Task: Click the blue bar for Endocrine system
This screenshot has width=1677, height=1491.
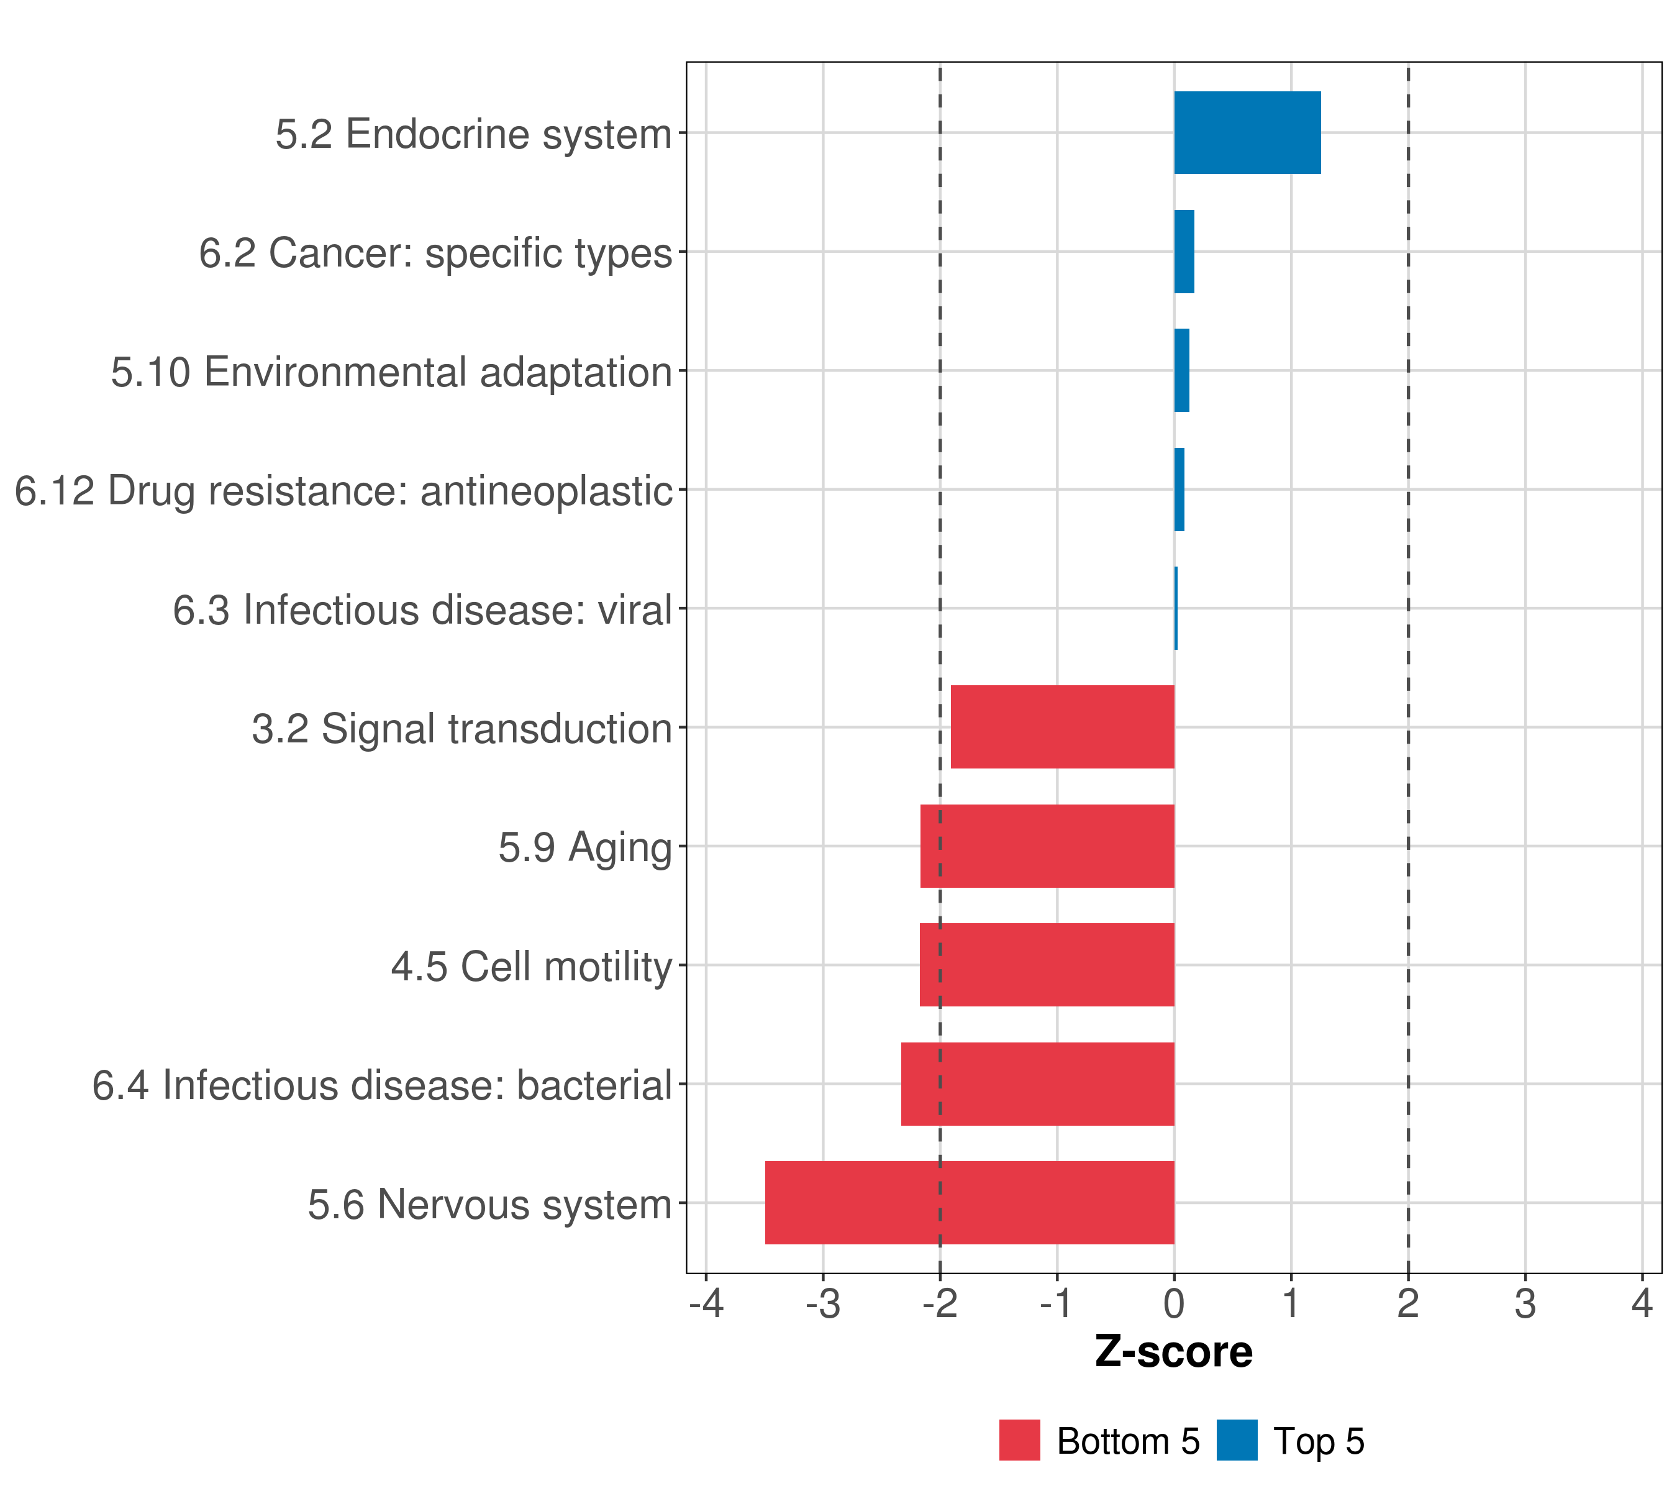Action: pos(1247,133)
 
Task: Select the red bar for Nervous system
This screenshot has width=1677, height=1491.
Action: pos(969,1202)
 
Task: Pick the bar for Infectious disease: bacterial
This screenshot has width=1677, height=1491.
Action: pos(1037,1083)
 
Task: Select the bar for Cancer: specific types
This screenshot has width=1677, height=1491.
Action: pos(1184,252)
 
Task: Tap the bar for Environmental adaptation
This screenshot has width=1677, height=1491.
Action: pos(1181,371)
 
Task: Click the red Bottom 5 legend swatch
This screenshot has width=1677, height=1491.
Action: pos(1019,1440)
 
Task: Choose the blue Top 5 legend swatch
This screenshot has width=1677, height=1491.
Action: pos(1237,1440)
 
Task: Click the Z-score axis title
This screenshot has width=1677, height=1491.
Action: pos(1173,1352)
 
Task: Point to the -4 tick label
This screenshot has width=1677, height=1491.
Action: pos(706,1303)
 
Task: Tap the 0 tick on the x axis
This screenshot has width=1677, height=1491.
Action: pos(1174,1303)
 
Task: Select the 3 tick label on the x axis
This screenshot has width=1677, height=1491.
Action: pos(1524,1303)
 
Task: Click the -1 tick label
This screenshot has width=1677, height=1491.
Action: pos(1057,1303)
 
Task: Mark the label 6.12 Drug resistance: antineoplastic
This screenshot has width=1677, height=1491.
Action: pos(343,491)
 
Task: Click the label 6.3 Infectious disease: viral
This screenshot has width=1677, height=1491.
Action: pos(422,609)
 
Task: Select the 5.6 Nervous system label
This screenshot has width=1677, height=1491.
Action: pos(490,1204)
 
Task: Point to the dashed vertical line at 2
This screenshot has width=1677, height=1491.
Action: pos(1408,575)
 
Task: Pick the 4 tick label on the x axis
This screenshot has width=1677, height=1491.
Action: pos(1642,1303)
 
